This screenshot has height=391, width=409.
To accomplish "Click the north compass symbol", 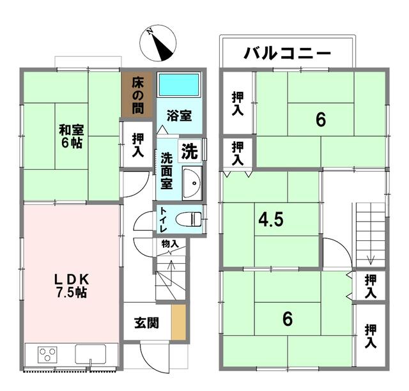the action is (x=158, y=43).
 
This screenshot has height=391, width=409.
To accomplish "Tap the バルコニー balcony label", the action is (x=287, y=54).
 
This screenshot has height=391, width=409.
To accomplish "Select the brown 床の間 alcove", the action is (x=137, y=95).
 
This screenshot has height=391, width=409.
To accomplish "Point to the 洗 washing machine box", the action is (x=190, y=151).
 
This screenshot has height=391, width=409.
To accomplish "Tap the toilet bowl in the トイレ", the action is (x=189, y=219).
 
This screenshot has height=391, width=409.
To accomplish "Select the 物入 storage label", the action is (x=170, y=244).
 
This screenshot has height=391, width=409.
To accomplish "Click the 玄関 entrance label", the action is (x=146, y=323).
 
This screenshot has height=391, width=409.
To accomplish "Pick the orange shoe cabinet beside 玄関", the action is (x=178, y=323).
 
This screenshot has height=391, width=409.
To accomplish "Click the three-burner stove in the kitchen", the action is (x=47, y=355).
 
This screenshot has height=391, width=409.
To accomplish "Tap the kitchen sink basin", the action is (x=91, y=354).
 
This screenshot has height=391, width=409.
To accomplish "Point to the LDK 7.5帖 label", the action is (x=72, y=286).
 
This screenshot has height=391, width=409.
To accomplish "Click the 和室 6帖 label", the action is (x=72, y=137).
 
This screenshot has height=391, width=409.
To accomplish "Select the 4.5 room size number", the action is (x=271, y=220).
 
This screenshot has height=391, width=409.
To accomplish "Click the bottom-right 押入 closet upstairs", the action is (x=371, y=335).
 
